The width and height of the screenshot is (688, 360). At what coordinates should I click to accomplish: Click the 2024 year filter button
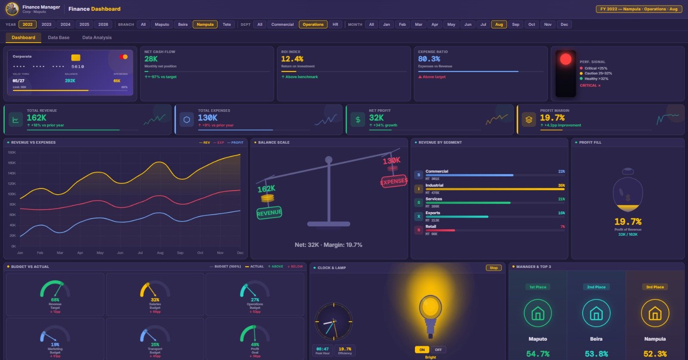tap(65, 25)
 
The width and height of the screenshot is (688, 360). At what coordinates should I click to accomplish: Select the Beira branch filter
tap(183, 25)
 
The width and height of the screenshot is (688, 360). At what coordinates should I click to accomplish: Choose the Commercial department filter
tap(282, 25)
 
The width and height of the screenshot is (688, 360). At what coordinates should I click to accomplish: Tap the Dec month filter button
tap(564, 25)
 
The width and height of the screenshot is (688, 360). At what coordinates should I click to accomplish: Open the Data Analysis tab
tap(97, 37)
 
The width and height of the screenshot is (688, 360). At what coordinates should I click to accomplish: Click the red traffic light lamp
tap(565, 59)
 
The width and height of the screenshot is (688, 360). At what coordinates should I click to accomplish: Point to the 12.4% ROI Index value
tap(292, 59)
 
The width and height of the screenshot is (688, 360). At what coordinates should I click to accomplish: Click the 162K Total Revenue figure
tap(37, 118)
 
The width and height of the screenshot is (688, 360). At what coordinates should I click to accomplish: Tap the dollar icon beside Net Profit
tap(358, 120)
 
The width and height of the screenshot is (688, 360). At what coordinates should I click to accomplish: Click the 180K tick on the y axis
tap(12, 152)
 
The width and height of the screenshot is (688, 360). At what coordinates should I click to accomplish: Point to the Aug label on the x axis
tap(160, 253)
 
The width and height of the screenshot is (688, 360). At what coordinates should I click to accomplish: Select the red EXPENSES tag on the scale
tap(393, 182)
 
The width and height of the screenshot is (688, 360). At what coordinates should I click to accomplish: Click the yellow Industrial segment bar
tap(494, 189)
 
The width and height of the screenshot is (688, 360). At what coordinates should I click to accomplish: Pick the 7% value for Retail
tap(562, 226)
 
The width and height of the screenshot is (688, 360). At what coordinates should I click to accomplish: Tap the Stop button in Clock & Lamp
tap(493, 268)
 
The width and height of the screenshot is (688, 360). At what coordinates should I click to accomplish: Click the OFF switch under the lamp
tap(438, 350)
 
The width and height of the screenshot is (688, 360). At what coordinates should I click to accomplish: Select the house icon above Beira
tap(596, 314)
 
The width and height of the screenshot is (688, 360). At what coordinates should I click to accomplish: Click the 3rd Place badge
tap(655, 287)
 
